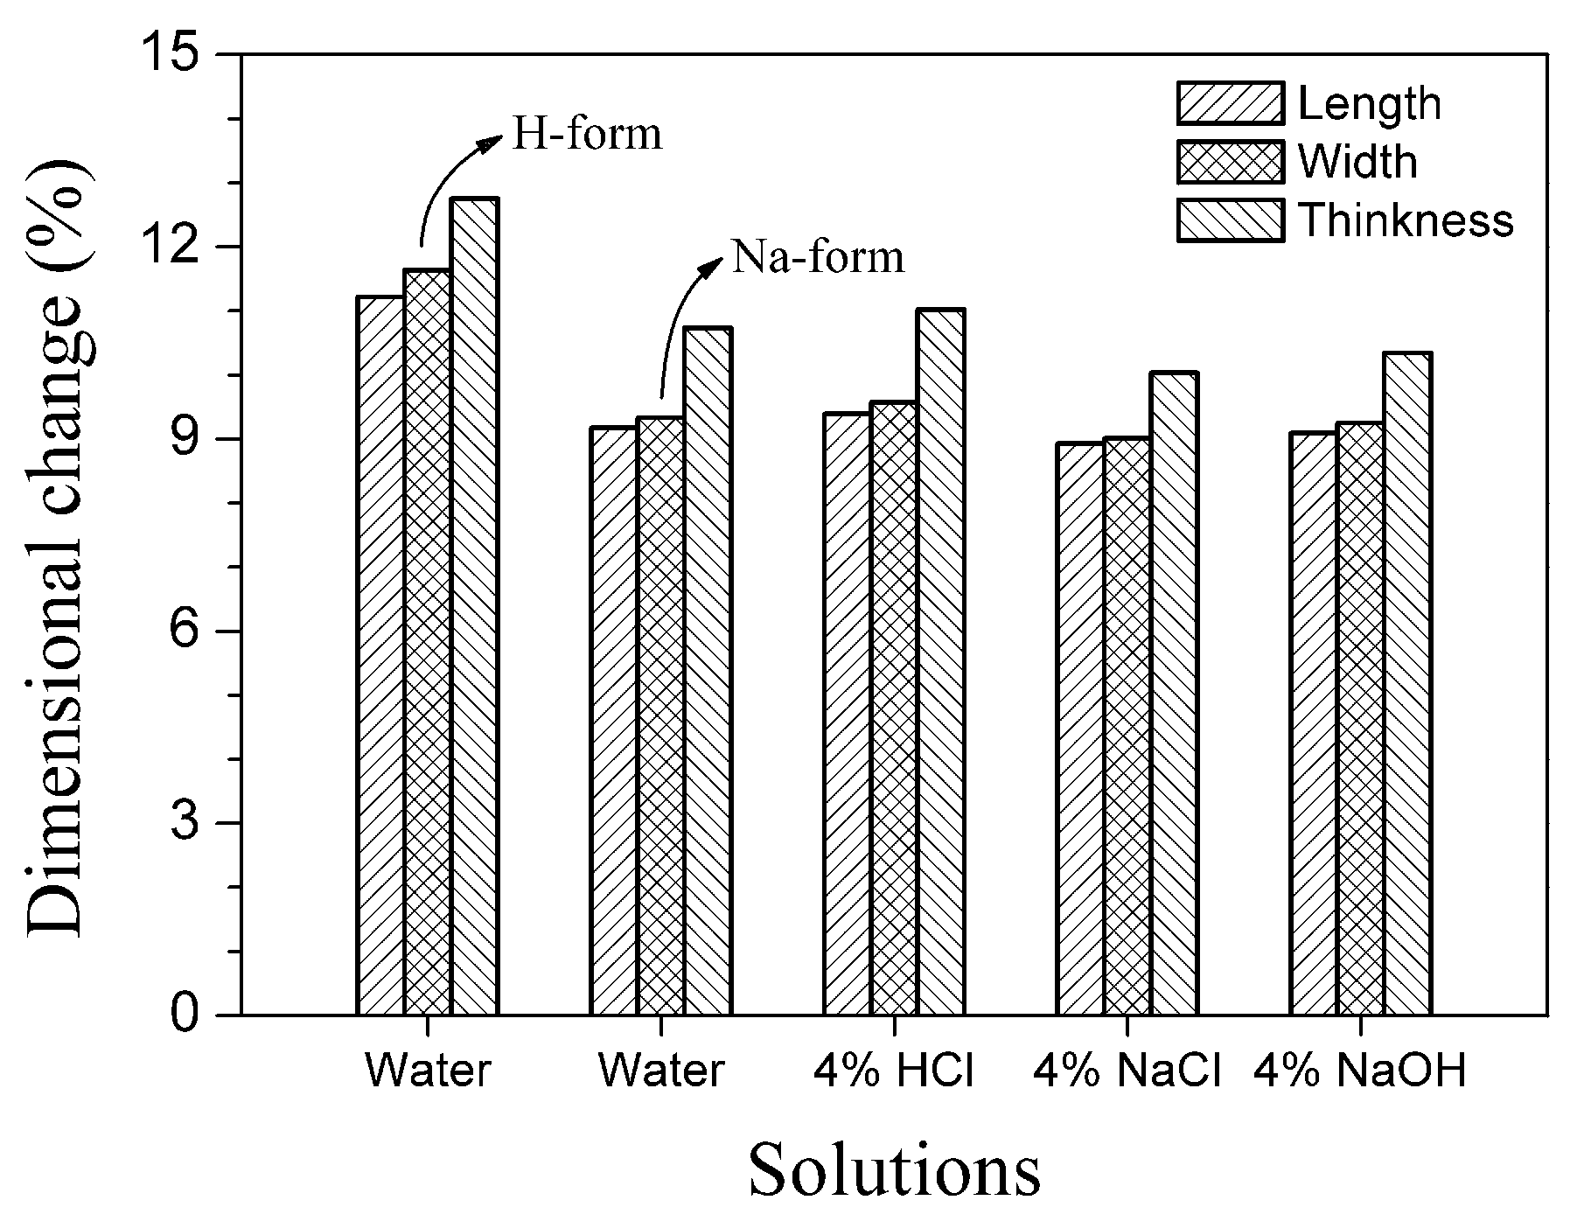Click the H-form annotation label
point(586,135)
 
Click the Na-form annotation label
point(817,257)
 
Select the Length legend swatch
point(1230,104)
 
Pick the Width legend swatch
point(1230,162)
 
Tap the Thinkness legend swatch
point(1230,220)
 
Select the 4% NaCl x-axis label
point(1127,1070)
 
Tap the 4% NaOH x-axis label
point(1359,1070)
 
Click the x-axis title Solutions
point(894,1169)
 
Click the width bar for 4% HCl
point(894,708)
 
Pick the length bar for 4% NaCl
point(1080,729)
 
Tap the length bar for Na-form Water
point(614,722)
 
